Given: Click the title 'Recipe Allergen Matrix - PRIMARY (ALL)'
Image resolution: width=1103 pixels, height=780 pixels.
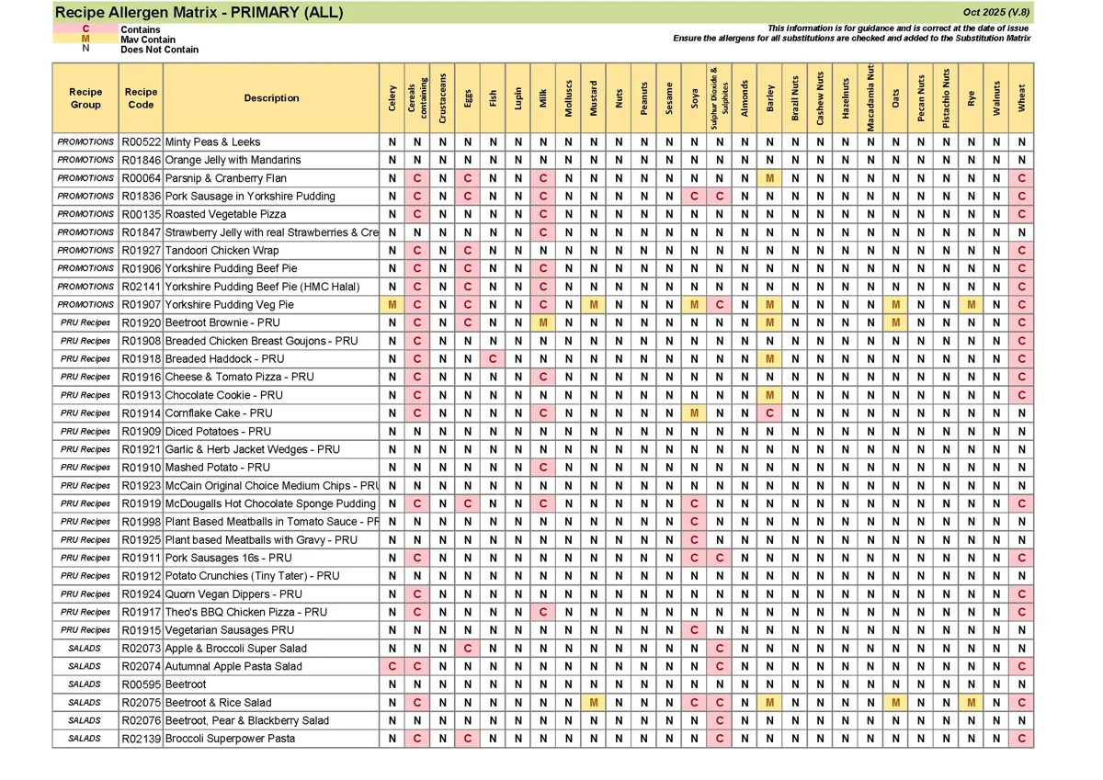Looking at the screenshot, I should (199, 13).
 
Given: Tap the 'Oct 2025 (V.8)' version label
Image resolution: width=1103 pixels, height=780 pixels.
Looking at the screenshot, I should (996, 13).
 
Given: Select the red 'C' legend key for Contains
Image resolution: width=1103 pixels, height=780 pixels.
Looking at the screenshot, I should (85, 29).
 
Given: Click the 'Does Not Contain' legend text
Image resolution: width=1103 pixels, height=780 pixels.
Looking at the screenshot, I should (159, 50).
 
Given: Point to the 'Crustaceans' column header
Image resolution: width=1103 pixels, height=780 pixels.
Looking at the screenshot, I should (443, 97).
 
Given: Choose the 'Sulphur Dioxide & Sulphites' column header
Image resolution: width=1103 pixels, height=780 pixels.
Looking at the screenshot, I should (720, 97).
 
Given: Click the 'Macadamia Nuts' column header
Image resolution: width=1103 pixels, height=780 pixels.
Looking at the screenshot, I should (870, 97).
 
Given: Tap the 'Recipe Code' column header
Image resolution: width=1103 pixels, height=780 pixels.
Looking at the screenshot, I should (141, 98).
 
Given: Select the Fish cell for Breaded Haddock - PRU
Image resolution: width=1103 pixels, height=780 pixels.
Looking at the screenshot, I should (494, 359).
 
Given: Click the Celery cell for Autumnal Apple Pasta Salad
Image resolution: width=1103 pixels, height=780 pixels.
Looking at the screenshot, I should (392, 666).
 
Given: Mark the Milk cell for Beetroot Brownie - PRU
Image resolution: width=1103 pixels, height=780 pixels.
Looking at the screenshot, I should (544, 322).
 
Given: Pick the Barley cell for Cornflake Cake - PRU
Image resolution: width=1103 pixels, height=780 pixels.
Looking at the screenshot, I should (769, 413).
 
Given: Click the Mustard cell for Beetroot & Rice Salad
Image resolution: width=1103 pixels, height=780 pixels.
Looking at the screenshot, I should (595, 703).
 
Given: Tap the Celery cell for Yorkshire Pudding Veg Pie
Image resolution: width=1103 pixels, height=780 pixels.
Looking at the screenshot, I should (392, 305).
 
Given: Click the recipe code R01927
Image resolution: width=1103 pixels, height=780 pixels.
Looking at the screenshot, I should (141, 251).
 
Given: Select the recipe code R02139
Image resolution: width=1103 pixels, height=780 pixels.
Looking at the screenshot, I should (141, 739).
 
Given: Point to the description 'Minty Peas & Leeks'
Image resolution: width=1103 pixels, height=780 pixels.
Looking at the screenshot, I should (212, 142).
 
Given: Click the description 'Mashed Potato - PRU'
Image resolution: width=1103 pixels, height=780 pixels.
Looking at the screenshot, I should (218, 468).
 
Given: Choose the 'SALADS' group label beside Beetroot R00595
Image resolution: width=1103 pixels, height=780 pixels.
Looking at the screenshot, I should (85, 684).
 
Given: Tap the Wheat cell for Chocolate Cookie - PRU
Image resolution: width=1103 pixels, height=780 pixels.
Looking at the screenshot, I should (1021, 395).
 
